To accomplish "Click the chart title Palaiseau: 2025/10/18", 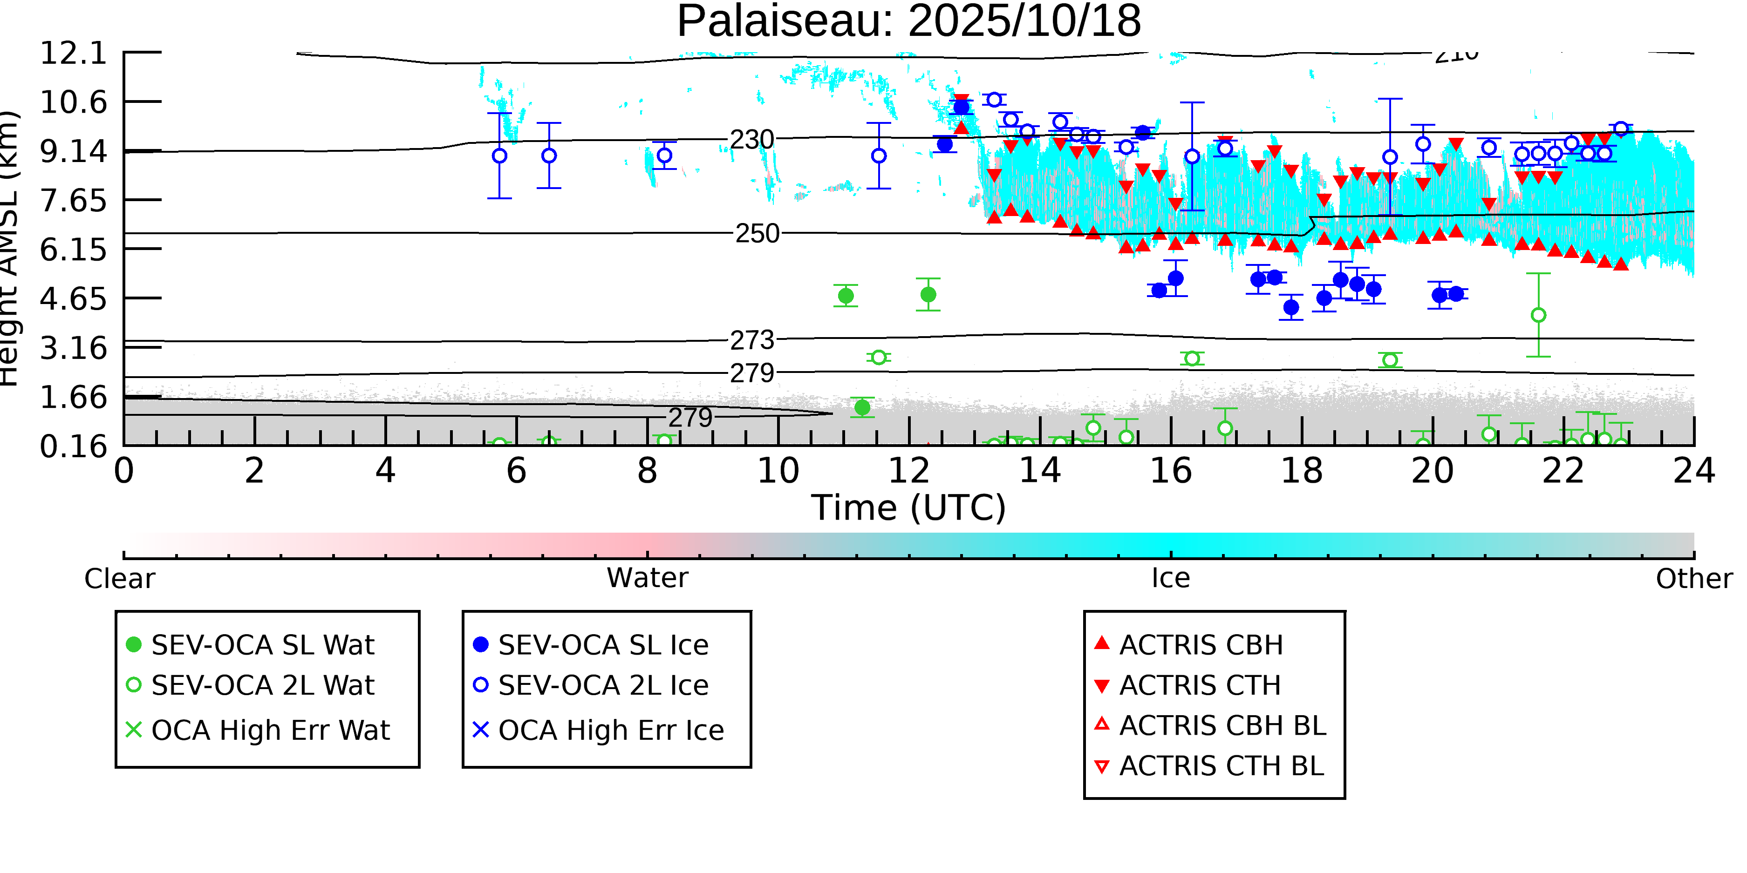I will tap(909, 22).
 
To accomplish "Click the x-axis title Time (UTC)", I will tap(909, 508).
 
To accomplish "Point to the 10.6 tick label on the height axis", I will tap(73, 102).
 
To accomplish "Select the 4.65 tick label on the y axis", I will tap(73, 299).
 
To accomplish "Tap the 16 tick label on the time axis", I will tap(1171, 472).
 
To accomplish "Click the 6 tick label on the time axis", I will tap(516, 472).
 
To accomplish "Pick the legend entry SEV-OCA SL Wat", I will tap(262, 645).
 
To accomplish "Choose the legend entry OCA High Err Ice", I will tap(610, 731).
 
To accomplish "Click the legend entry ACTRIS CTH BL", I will tap(1221, 766).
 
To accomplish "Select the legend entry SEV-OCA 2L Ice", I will tap(603, 686).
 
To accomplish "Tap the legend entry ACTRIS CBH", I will tap(1201, 645).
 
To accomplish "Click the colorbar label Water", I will tap(647, 578).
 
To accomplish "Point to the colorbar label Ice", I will tap(1171, 578).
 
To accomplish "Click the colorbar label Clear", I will tap(119, 579).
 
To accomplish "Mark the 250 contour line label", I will tap(757, 234).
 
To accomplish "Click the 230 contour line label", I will tap(751, 140).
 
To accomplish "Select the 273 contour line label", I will tap(751, 340).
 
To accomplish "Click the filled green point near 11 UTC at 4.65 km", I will tap(846, 296).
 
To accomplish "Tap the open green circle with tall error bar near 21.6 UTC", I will tap(1539, 315).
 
